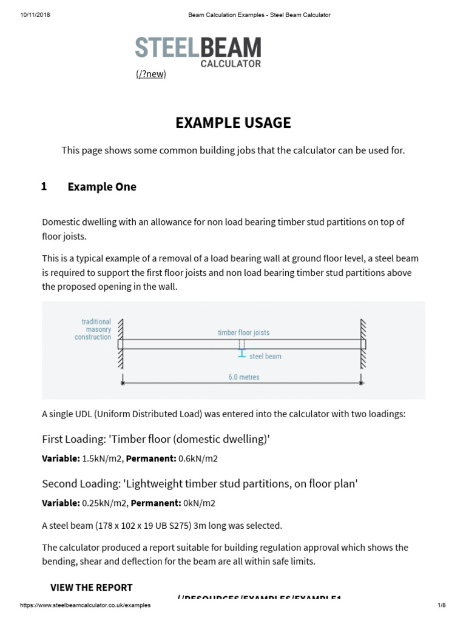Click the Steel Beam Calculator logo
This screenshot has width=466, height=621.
(x=198, y=51)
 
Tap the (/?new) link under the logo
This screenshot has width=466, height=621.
(x=150, y=74)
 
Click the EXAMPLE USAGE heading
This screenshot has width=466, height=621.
(x=233, y=123)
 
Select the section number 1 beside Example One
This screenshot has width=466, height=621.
(x=44, y=187)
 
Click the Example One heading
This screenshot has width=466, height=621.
(x=102, y=187)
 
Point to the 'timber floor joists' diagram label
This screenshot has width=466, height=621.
(x=243, y=332)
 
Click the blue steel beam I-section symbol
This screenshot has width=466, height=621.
(x=241, y=353)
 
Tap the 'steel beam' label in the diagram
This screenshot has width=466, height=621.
(x=265, y=357)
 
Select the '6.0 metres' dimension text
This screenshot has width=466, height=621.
(x=243, y=377)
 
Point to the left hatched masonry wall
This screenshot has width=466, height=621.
(x=121, y=344)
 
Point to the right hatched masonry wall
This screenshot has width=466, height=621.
(x=363, y=344)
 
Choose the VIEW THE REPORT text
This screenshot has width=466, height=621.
(x=91, y=587)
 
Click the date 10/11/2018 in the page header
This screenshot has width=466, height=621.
(x=35, y=15)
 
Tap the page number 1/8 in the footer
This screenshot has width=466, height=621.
(x=441, y=605)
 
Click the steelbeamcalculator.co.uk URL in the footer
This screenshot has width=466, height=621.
(x=85, y=605)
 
